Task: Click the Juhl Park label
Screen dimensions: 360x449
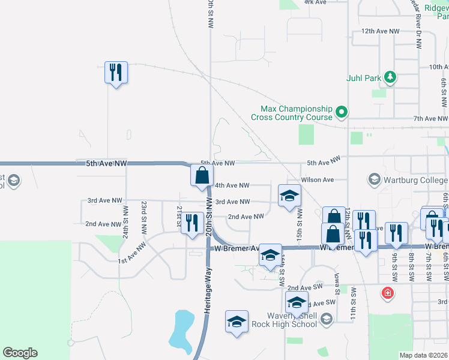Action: pos(364,78)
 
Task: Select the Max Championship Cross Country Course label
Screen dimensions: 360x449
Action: pos(296,113)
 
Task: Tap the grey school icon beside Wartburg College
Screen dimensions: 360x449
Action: pos(374,179)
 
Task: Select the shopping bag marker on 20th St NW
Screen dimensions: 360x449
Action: pos(202,176)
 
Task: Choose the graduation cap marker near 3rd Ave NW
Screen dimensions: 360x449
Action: pos(289,196)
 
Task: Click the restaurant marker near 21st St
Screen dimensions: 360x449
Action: pos(191,223)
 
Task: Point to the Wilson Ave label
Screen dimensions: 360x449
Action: pos(318,179)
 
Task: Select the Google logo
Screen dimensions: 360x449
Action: pos(20,353)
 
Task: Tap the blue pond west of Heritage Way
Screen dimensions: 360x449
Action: pos(180,330)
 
